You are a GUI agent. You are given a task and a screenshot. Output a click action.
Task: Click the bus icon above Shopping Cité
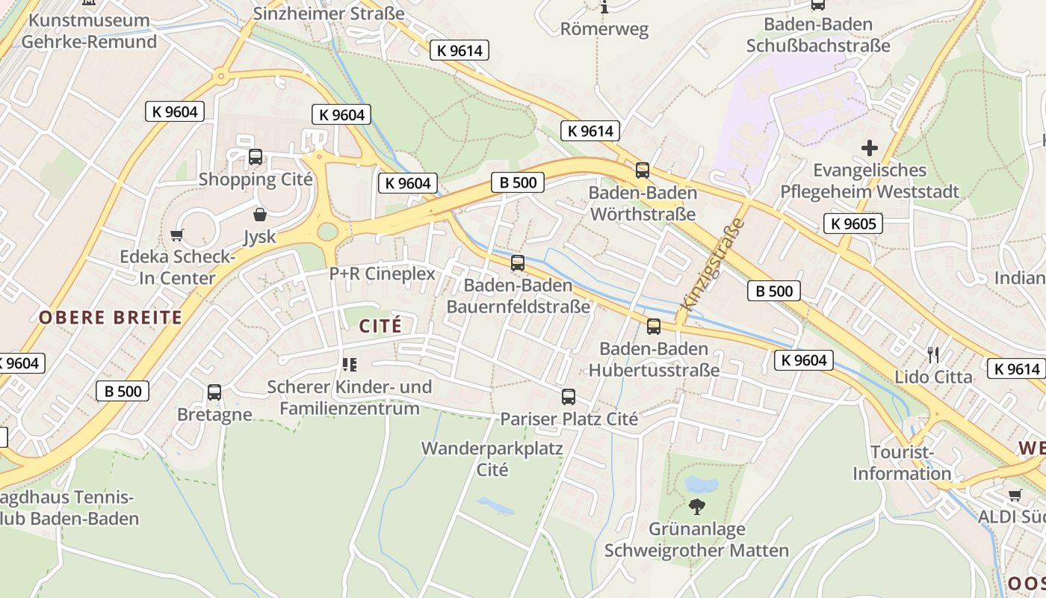point(256,157)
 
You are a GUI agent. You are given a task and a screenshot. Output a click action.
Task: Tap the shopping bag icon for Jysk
point(260,215)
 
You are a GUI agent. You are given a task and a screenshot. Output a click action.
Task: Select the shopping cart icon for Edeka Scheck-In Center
point(177,235)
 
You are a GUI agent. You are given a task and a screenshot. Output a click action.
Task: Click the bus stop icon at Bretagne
point(214,392)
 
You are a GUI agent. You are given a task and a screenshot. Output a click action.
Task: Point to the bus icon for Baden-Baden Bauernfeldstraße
point(518,263)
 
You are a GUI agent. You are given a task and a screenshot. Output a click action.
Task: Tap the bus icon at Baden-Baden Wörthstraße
point(643,170)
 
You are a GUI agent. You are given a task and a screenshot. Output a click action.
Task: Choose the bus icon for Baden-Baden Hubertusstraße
point(654,327)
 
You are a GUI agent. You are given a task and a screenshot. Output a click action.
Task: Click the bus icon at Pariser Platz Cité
point(569,397)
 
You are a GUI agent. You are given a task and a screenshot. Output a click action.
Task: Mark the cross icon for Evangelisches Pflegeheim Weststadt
point(870,148)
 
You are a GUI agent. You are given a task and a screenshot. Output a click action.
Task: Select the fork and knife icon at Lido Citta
point(933,354)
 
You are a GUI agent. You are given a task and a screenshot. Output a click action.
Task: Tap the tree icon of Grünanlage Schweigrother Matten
point(697,507)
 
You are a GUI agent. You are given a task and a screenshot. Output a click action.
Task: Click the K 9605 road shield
point(852,223)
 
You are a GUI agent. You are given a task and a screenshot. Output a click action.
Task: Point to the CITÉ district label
point(380,326)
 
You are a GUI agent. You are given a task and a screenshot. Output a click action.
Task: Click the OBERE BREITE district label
point(111,317)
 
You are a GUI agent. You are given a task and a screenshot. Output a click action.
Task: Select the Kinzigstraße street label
point(714,265)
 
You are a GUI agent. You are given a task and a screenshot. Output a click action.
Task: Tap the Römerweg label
point(604,30)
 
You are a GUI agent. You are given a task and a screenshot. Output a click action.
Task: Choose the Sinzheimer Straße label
point(329,13)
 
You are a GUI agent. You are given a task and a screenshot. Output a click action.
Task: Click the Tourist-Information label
point(902,463)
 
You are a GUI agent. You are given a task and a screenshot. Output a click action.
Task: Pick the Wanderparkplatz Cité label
point(492,459)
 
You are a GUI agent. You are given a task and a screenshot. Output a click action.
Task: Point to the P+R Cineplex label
point(383,274)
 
